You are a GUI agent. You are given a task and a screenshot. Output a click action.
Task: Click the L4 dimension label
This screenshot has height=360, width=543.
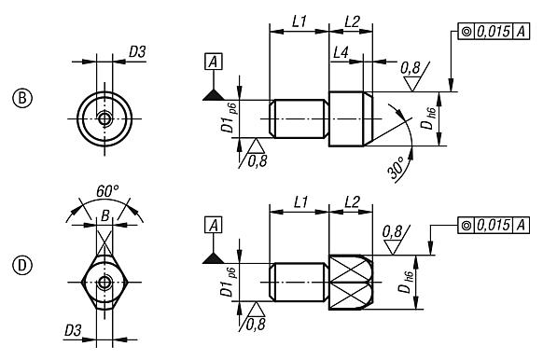[343, 59]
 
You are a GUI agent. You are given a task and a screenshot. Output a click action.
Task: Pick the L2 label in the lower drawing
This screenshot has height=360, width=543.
[352, 201]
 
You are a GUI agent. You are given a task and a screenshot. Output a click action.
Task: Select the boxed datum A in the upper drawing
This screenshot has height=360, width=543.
[214, 61]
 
